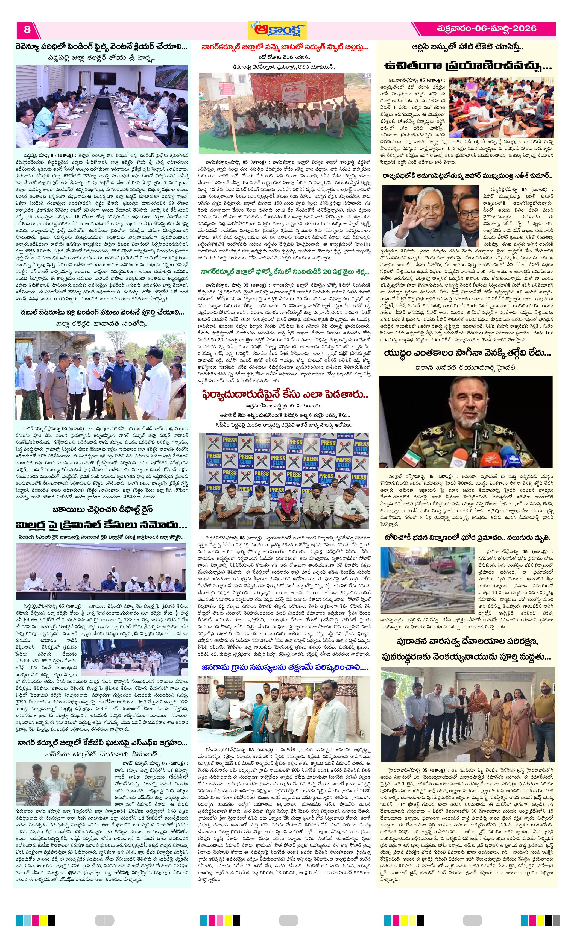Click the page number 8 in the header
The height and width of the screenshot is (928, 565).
click(27, 30)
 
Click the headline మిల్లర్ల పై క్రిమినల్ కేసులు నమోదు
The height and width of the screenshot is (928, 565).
click(101, 525)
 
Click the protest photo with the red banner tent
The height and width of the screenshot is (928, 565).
click(284, 113)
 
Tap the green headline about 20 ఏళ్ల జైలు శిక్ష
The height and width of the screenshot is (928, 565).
click(284, 272)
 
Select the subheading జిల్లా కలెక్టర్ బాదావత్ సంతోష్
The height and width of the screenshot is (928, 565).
click(101, 323)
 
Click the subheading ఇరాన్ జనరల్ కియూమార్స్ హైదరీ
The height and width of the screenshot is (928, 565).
click(467, 367)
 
